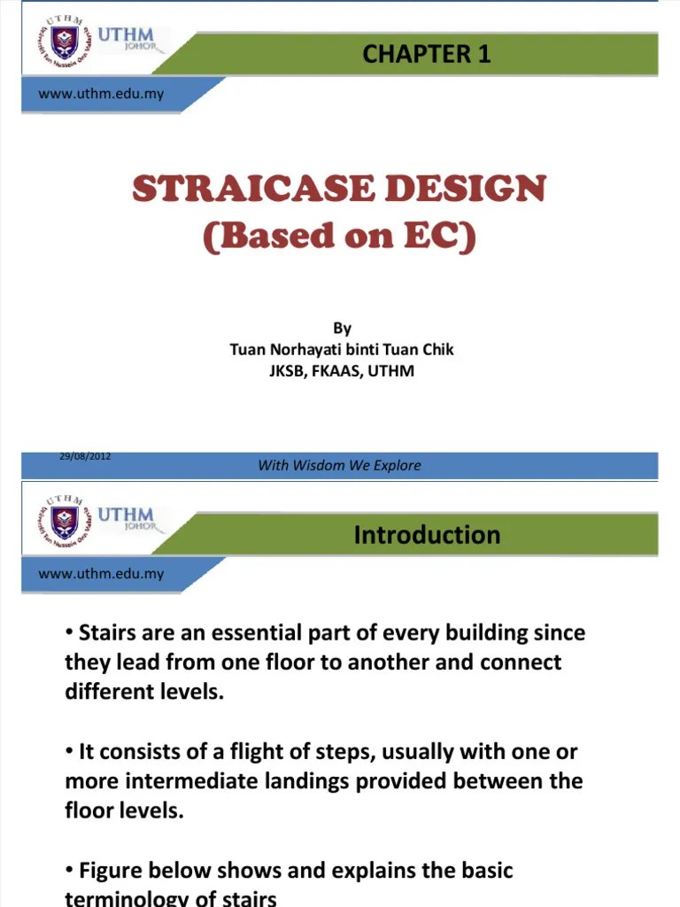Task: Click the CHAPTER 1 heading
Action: [x=426, y=54]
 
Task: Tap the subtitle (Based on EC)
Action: [x=339, y=236]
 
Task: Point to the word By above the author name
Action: [x=342, y=329]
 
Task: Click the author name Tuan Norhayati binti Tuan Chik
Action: [x=342, y=350]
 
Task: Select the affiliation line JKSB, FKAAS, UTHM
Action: [x=342, y=371]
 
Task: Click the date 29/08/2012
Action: [x=85, y=456]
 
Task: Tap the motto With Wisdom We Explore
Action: [x=339, y=465]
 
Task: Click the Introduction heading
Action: [x=427, y=534]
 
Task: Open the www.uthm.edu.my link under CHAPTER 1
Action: [x=101, y=94]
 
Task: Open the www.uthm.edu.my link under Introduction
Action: [x=101, y=574]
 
